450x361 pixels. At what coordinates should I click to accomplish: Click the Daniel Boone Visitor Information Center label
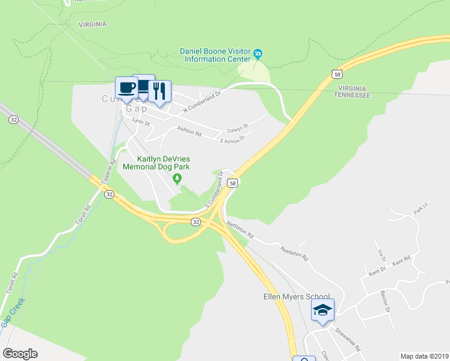pos(215,55)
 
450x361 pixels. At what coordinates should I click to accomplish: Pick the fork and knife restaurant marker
pos(159,92)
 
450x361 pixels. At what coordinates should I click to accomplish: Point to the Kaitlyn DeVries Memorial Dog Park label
pos(156,162)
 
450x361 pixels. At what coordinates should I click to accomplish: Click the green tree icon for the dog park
pos(177,178)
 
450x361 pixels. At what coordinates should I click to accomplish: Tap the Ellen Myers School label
pos(297,297)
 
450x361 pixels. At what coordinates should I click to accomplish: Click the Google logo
pos(20,354)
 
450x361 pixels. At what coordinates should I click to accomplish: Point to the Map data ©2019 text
pos(424,356)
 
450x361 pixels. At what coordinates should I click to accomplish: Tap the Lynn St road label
pos(141,123)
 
